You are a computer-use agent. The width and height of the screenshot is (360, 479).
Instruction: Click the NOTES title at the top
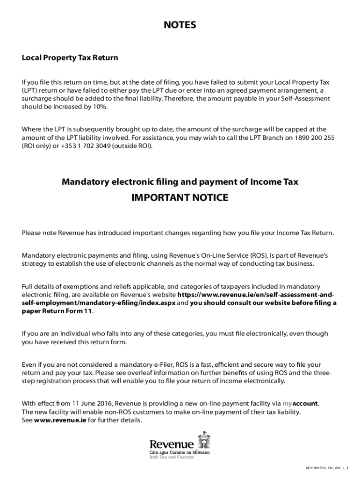180,25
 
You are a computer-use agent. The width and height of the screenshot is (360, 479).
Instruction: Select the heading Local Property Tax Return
70,58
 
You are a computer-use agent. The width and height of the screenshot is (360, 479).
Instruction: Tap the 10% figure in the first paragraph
98,107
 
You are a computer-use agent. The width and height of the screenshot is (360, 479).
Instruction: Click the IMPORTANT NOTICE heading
180,198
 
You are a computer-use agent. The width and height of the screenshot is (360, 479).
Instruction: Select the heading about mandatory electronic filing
180,182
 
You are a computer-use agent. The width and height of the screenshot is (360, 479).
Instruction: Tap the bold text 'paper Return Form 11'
57,311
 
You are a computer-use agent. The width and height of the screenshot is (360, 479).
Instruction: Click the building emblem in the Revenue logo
204,440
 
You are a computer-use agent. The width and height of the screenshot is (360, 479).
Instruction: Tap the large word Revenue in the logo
171,444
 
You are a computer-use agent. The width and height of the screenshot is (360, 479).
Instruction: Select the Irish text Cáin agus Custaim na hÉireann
180,452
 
